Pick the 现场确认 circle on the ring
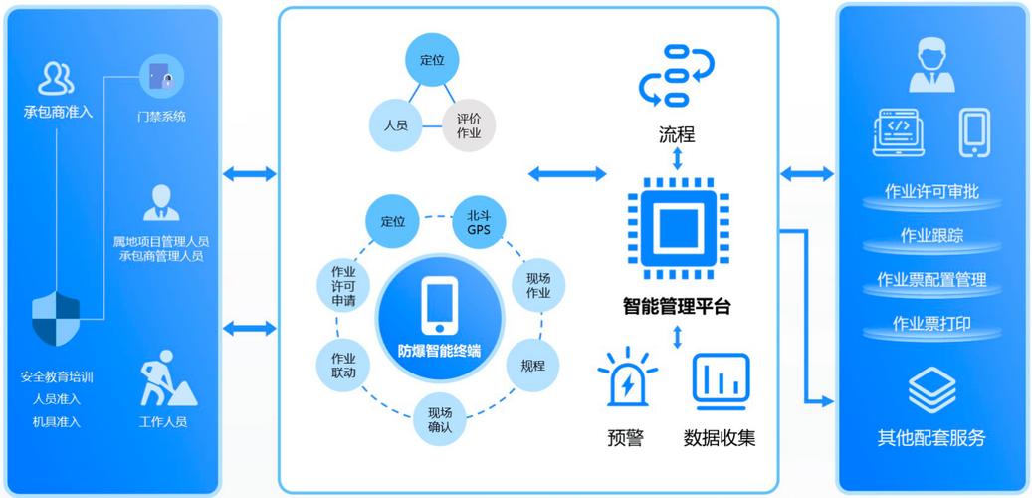440,419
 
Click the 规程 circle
533,365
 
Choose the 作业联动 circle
343,365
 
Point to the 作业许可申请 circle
343,286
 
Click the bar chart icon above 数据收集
721,381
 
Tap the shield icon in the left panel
55,319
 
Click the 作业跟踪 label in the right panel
931,235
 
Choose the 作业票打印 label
931,323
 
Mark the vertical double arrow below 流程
677,159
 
